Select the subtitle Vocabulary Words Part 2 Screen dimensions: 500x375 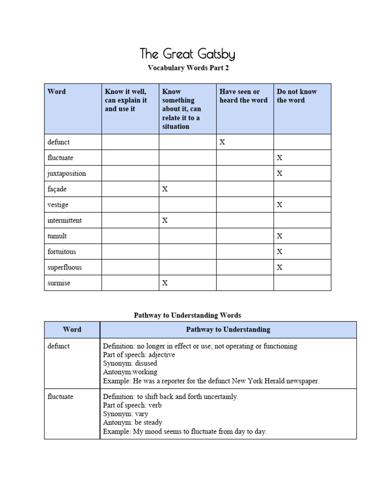[x=188, y=68]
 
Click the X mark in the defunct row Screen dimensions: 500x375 [x=223, y=142]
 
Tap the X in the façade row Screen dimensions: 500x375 [x=165, y=189]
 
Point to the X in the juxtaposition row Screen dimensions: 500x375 [x=280, y=173]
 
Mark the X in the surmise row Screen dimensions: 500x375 [x=165, y=283]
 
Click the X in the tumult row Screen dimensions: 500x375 [x=280, y=236]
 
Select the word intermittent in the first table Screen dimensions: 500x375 [x=64, y=220]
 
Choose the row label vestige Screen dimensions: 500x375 [x=58, y=205]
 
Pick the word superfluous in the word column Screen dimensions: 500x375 [x=64, y=267]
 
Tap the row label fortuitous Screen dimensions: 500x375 [x=62, y=251]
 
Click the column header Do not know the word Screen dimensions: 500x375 [x=297, y=96]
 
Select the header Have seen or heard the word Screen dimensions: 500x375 [x=243, y=96]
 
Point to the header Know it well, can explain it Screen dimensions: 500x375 [x=126, y=100]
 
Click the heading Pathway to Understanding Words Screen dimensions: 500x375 [x=187, y=315]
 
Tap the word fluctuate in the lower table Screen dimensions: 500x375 [x=61, y=396]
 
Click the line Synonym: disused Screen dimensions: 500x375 [x=130, y=363]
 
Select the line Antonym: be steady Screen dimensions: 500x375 [x=133, y=422]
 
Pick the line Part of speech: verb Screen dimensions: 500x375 [x=132, y=405]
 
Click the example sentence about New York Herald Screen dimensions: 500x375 [x=211, y=381]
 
